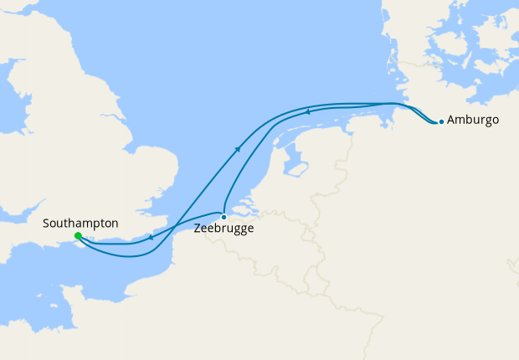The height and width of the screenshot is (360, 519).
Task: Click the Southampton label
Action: [80, 224]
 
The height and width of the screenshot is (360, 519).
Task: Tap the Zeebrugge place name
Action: [224, 228]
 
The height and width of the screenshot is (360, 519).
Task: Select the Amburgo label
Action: [473, 121]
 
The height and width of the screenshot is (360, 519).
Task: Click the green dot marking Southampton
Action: [78, 236]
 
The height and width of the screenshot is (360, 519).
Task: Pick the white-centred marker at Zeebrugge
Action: [224, 216]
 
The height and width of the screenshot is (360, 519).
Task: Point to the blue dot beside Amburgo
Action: [441, 121]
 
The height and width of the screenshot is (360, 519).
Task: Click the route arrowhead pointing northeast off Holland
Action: [239, 149]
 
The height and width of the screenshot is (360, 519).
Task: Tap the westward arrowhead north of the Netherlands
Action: [307, 111]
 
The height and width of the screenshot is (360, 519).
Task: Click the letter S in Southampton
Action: [46, 224]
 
